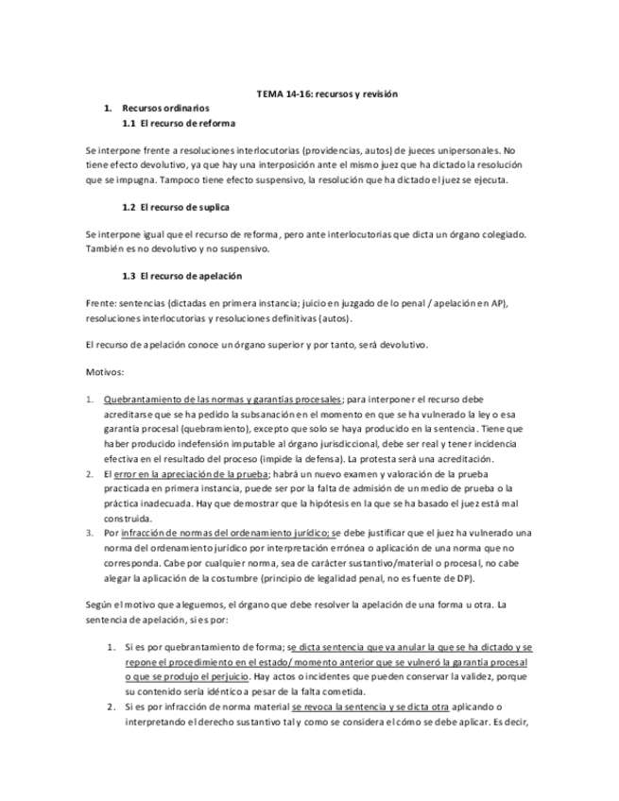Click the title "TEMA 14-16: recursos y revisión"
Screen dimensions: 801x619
pyautogui.click(x=328, y=94)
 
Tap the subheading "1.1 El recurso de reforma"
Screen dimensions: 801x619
pyautogui.click(x=180, y=124)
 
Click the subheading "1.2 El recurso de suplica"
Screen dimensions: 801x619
pyautogui.click(x=177, y=206)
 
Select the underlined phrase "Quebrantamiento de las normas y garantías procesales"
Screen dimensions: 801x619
pyautogui.click(x=223, y=399)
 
